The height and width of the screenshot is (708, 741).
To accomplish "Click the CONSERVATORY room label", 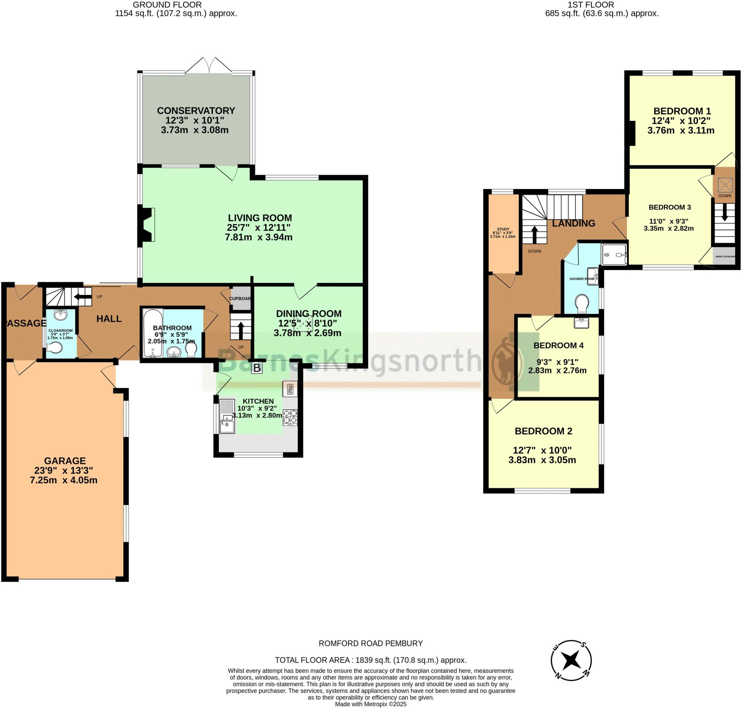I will [x=196, y=110].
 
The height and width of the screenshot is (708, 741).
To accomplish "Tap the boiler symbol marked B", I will [x=257, y=368].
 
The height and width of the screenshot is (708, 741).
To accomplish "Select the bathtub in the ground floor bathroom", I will [x=153, y=333].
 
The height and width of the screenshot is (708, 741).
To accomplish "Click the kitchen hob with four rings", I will [x=290, y=417].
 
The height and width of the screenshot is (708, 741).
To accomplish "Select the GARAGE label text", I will [x=65, y=460].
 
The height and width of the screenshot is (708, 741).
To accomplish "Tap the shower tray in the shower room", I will [x=614, y=255].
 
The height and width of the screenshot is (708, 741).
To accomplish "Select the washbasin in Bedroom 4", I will [x=581, y=323].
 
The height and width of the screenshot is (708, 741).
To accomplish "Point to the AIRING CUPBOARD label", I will [x=725, y=256].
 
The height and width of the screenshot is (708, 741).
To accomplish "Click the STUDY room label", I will [x=503, y=229].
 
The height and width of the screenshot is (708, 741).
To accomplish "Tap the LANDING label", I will [x=573, y=223].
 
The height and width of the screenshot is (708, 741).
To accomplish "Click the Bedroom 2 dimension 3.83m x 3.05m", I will [x=542, y=460].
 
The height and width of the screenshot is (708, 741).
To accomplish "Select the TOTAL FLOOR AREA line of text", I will [x=370, y=660].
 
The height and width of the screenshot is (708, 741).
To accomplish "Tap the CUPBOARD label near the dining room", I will [x=240, y=298].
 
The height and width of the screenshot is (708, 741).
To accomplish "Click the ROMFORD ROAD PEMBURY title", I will [x=370, y=643].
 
